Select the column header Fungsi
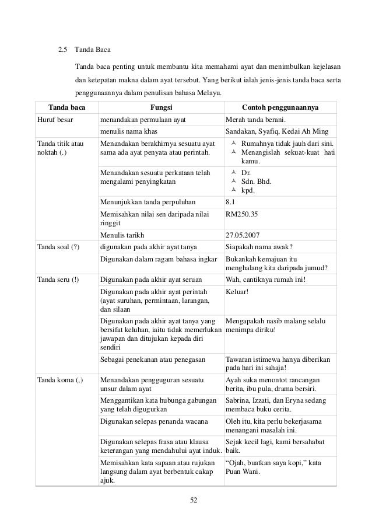pos(161,107)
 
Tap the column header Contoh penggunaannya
pos(280,107)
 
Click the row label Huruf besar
pos(51,120)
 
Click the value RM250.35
pos(241,214)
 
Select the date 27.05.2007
pos(243,236)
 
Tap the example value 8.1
pos(230,202)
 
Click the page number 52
pos(187,500)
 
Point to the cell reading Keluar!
pos(237,291)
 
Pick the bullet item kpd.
pos(247,190)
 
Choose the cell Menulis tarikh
pos(121,236)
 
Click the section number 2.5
pos(64,48)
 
